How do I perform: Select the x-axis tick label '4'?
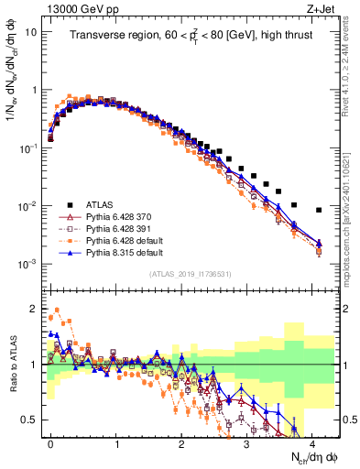[311, 442]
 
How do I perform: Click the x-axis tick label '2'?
[181, 442]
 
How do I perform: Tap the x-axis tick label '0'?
[51, 442]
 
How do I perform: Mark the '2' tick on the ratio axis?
[37, 308]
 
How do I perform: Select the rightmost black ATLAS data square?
[319, 210]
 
